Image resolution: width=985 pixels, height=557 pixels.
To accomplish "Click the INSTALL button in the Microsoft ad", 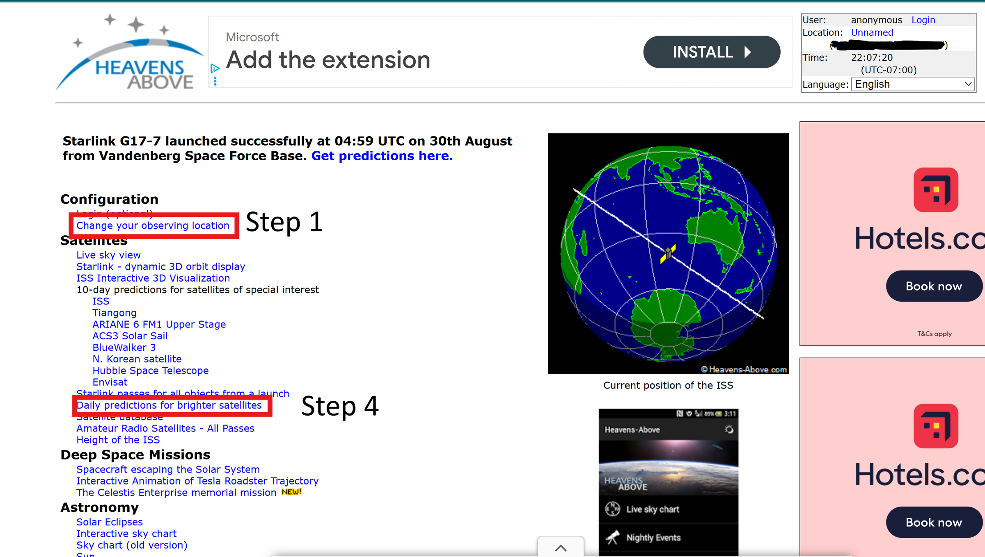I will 711,52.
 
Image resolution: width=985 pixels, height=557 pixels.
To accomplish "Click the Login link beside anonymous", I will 923,20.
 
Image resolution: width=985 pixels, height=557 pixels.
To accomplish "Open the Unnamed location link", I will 872,32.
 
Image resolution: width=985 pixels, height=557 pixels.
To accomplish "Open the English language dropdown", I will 912,84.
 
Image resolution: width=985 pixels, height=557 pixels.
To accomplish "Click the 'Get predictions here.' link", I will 382,156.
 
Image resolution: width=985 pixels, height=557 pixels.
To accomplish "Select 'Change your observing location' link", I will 153,225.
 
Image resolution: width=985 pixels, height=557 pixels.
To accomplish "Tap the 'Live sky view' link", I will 108,255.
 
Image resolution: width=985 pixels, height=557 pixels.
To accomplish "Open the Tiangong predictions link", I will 114,313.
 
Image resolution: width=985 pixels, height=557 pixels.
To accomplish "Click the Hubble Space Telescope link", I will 150,371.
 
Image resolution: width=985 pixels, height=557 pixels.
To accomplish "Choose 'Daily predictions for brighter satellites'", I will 169,405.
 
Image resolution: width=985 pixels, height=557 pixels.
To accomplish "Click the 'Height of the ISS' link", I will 118,440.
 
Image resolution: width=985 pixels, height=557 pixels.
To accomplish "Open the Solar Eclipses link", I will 109,522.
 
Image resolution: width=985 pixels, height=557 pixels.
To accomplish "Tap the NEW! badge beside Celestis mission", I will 291,492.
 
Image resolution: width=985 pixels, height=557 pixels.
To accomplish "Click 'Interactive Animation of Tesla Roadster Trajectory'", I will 197,481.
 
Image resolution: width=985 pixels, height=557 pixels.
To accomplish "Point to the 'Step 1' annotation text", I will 284,222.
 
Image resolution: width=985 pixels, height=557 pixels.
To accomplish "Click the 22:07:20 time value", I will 872,57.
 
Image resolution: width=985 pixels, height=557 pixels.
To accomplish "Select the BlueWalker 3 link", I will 124,348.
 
